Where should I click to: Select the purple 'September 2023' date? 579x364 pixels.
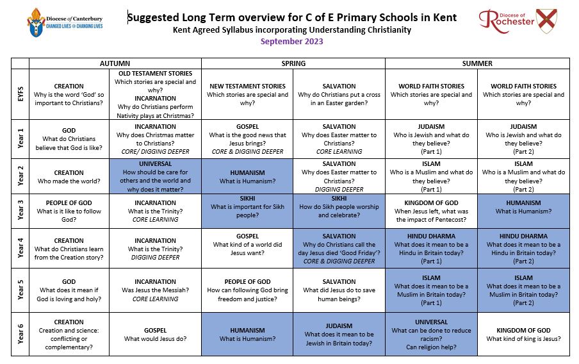tap(291, 42)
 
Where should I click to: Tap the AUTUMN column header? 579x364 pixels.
tap(115, 63)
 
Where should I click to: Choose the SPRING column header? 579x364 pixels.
tap(293, 63)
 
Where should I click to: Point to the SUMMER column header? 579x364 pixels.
tap(477, 63)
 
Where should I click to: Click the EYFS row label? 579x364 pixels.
tap(20, 94)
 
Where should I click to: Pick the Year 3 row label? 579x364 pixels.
tap(20, 211)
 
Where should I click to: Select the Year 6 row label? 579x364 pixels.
tap(20, 335)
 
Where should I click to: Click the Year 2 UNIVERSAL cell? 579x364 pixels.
tap(155, 177)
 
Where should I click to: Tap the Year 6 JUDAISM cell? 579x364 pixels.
tap(339, 335)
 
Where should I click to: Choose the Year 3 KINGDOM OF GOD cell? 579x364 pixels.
tap(431, 211)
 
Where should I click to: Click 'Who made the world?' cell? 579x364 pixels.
tap(69, 177)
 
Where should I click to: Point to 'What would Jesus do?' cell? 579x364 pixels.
tap(155, 335)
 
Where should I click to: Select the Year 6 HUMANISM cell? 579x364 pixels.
tap(247, 335)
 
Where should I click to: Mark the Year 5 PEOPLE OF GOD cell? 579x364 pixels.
tap(247, 290)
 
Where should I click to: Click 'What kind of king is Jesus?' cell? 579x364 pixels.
tap(523, 335)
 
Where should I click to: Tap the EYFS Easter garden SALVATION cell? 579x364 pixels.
tap(339, 94)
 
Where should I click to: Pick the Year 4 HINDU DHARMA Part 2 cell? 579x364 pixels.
tap(523, 249)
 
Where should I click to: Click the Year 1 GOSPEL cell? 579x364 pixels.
tap(247, 139)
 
